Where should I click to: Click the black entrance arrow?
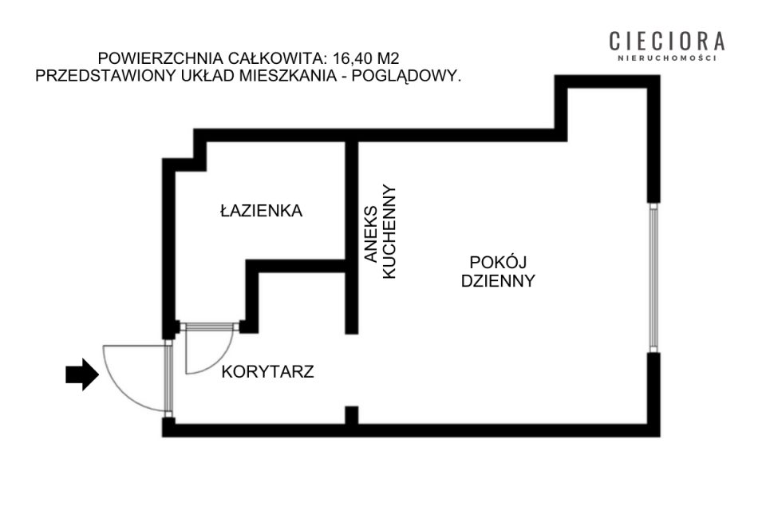[x=82, y=374]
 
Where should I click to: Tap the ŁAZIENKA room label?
[x=262, y=211]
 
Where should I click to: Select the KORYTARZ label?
[x=268, y=371]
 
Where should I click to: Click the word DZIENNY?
[x=498, y=281]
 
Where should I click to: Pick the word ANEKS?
[x=371, y=234]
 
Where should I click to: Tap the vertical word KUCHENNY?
[x=389, y=232]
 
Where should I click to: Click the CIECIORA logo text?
[x=667, y=42]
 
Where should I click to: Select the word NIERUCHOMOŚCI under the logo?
[x=667, y=58]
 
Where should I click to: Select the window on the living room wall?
[x=653, y=278]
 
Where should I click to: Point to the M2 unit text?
[x=387, y=58]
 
